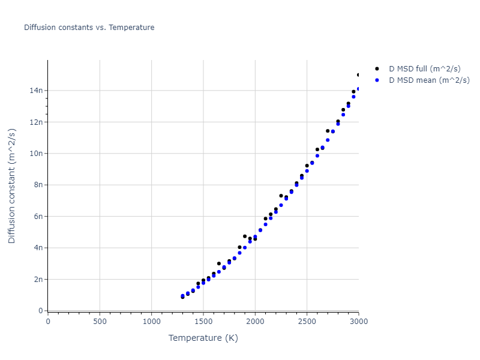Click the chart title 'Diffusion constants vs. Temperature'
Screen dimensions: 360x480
[89, 28]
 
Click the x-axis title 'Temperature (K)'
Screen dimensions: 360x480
[203, 338]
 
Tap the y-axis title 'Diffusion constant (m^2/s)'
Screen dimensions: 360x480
[12, 187]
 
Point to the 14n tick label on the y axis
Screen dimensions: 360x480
[35, 91]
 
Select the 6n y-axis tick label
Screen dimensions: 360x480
[37, 217]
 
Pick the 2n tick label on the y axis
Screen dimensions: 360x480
[37, 280]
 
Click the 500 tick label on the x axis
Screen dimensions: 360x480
[100, 322]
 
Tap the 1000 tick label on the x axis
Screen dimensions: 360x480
[151, 322]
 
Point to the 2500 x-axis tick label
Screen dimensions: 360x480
[307, 322]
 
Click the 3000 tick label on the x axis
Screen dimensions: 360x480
[358, 322]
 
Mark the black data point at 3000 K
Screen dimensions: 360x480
[358, 75]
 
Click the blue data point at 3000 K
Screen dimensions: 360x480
[358, 89]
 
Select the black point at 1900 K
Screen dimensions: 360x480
[245, 236]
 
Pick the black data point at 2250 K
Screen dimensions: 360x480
[281, 196]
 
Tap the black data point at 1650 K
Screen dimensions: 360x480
[219, 263]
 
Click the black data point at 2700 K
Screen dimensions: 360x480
[328, 131]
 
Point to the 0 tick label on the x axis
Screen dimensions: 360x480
[48, 322]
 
